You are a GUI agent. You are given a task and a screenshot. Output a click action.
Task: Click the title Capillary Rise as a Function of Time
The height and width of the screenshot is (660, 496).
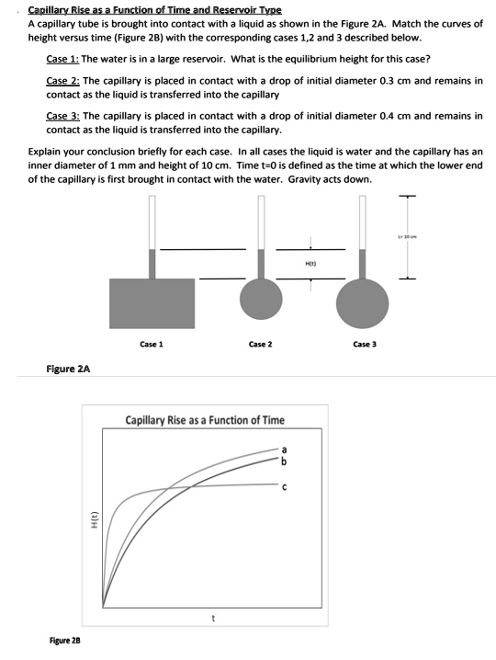point(205,420)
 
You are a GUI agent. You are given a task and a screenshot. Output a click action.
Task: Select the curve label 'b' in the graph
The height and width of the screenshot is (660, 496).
point(285,460)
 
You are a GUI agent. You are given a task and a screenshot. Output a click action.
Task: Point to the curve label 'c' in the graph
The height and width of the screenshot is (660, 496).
point(285,487)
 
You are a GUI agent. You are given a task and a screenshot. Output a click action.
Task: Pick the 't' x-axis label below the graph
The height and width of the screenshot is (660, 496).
point(214,618)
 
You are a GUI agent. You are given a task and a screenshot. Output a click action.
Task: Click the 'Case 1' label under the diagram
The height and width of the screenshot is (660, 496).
point(152,344)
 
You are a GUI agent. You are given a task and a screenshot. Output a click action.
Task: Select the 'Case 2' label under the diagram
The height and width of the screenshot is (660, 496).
point(259,344)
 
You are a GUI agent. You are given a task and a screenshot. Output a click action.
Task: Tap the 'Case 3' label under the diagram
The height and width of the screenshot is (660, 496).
point(365,344)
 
